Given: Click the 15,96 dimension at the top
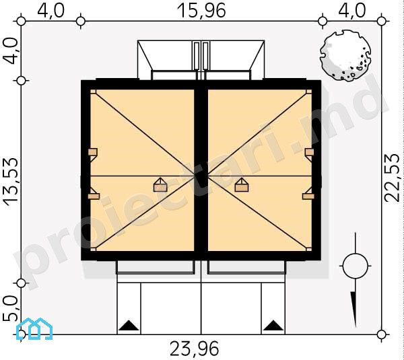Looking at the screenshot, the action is coord(201,11).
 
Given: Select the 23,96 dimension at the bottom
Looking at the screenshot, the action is coord(195,349).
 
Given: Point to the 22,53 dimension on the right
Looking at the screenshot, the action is coord(393,178).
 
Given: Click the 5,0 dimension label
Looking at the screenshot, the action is coord(10,308).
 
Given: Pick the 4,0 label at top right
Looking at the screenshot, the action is coord(352,11).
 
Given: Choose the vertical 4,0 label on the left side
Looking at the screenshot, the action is coord(10,50).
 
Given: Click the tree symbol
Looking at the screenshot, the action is coord(345,56).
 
